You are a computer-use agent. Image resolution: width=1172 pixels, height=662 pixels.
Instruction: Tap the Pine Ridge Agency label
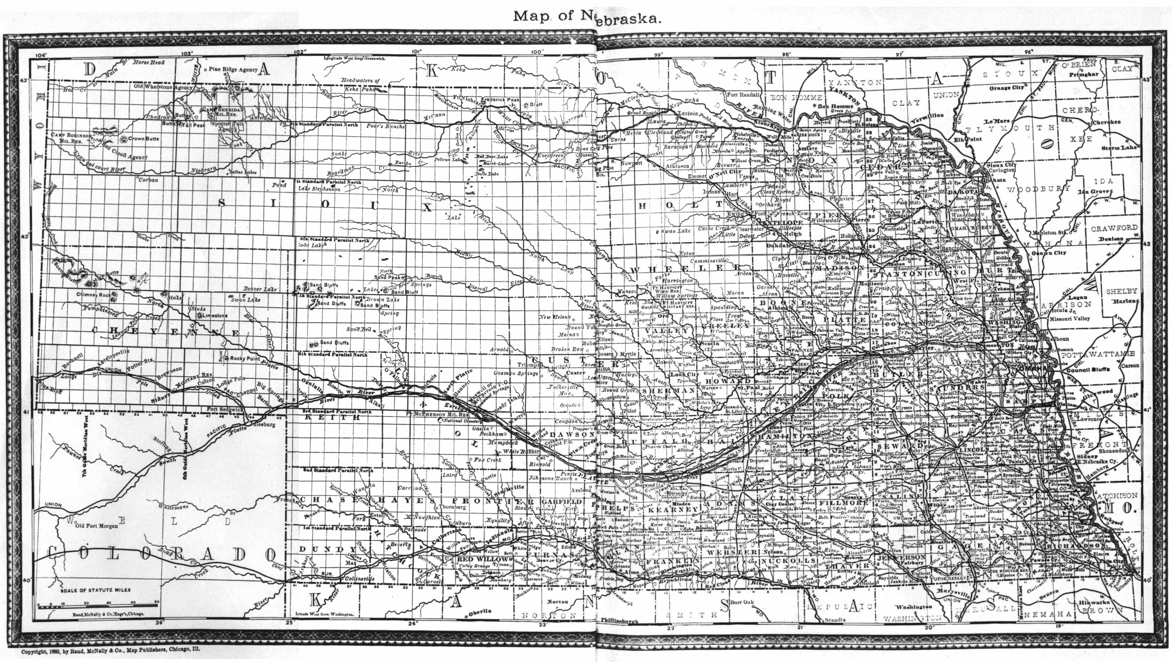click(x=233, y=70)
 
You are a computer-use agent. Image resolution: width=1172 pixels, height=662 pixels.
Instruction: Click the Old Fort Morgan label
click(x=97, y=526)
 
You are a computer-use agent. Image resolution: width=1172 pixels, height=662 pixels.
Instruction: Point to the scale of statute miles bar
click(x=98, y=605)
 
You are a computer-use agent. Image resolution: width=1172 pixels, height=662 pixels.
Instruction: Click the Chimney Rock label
click(x=93, y=295)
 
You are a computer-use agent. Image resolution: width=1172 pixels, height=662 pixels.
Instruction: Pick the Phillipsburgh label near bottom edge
click(x=619, y=620)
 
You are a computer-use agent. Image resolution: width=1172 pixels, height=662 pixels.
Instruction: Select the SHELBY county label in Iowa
click(x=1121, y=291)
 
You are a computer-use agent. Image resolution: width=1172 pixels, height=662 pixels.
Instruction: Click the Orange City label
click(x=1006, y=88)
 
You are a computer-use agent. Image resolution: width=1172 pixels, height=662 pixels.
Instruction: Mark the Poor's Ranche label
click(x=386, y=127)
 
